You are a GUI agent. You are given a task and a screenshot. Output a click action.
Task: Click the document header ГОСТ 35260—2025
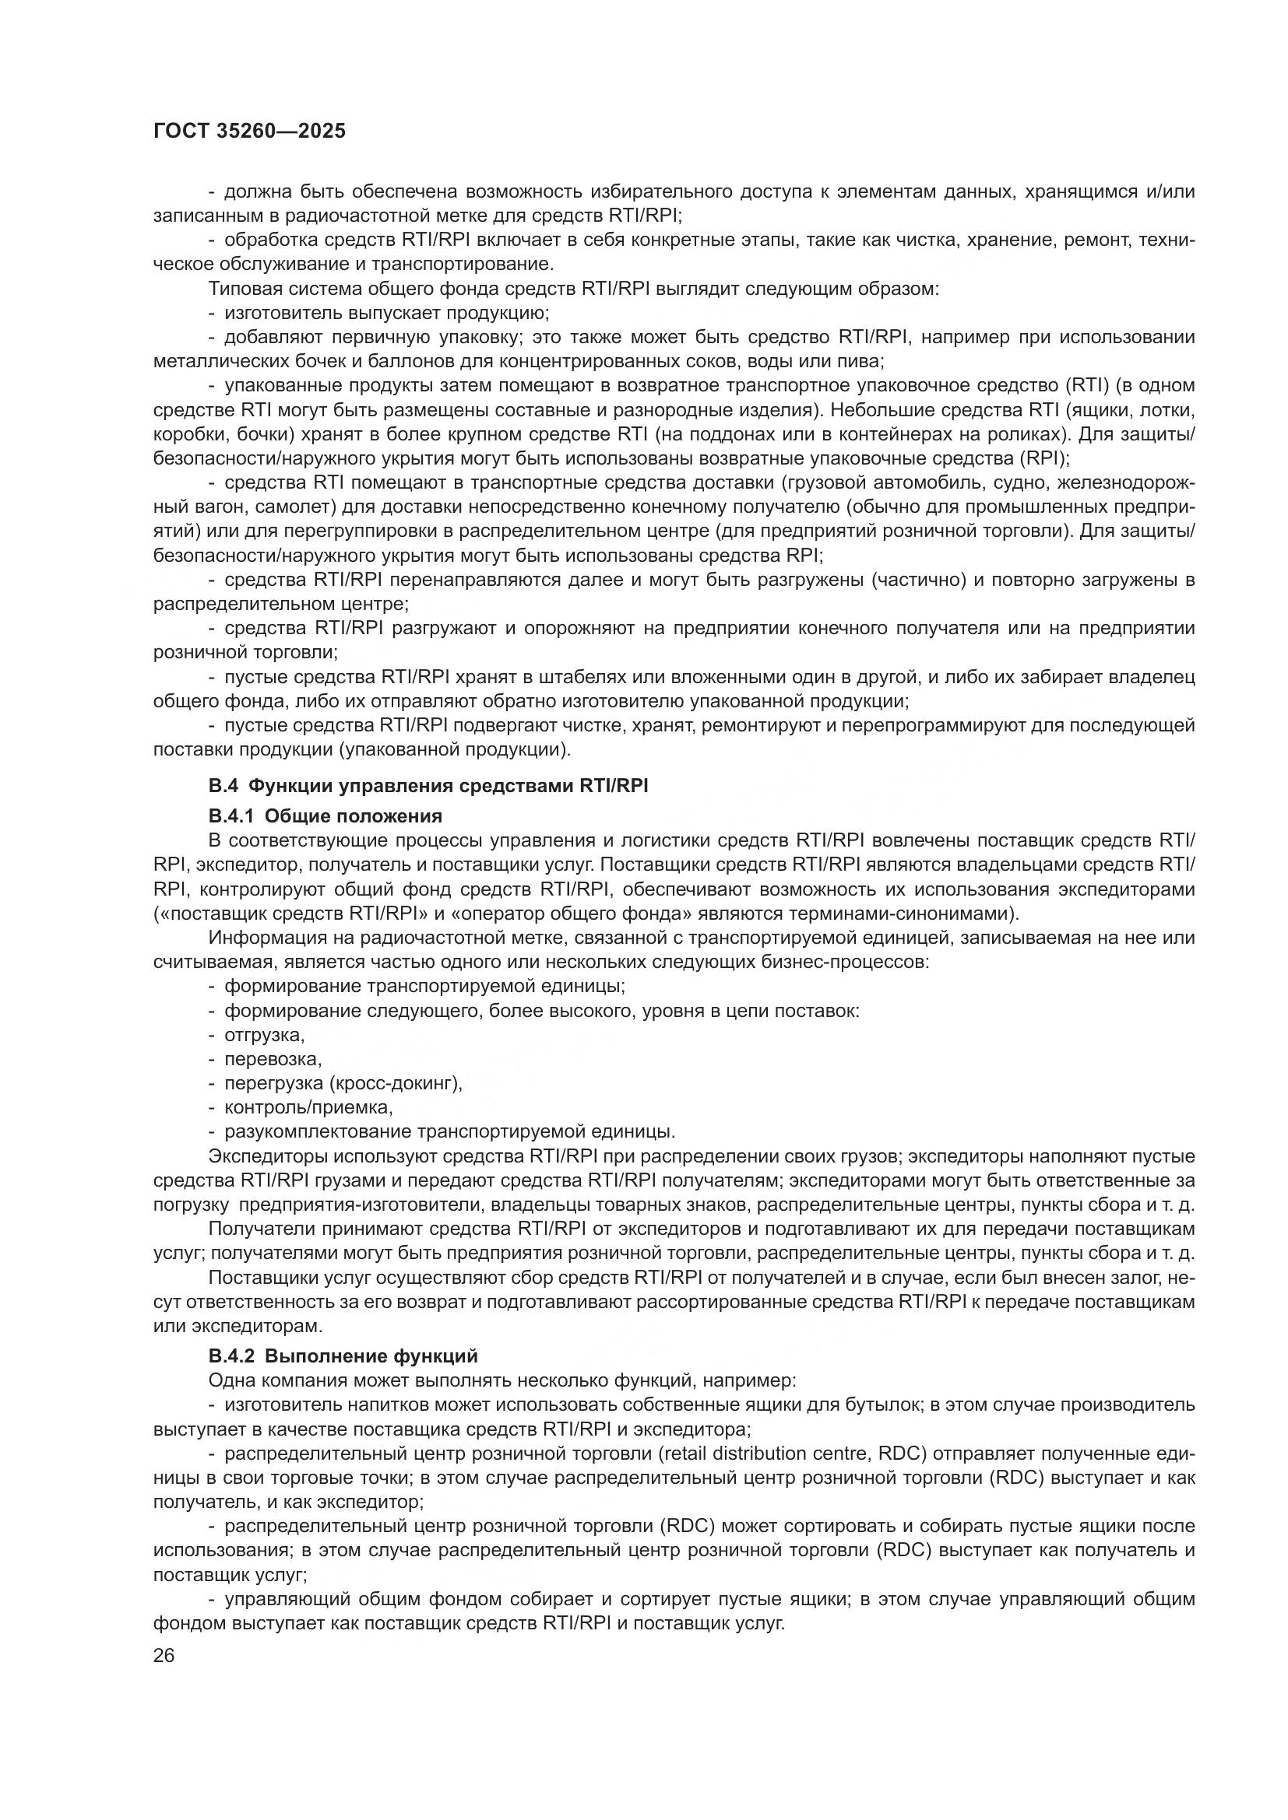[249, 132]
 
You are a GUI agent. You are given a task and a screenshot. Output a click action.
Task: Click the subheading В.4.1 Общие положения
[326, 815]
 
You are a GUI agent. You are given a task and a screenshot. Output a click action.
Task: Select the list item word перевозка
[273, 1059]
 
